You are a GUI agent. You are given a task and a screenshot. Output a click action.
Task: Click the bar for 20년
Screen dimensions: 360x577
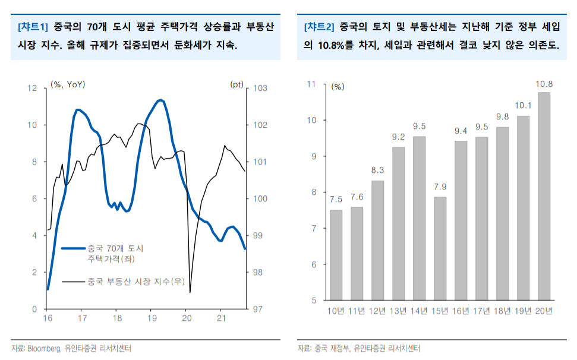pyautogui.click(x=544, y=196)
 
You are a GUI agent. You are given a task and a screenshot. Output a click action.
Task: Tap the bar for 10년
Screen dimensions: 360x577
pyautogui.click(x=336, y=255)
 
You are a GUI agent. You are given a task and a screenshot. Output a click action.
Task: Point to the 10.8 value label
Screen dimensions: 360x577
pyautogui.click(x=544, y=84)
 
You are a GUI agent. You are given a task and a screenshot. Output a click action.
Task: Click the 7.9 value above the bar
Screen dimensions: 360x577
pyautogui.click(x=440, y=187)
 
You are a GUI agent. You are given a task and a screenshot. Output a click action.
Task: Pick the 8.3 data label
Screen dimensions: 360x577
pyautogui.click(x=377, y=170)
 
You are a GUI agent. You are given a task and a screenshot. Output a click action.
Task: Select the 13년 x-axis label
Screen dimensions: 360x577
pyautogui.click(x=398, y=311)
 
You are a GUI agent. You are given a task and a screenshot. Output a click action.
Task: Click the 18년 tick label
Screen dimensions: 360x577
pyautogui.click(x=502, y=311)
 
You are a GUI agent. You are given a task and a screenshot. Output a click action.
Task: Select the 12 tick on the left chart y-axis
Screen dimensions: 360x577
pyautogui.click(x=33, y=88)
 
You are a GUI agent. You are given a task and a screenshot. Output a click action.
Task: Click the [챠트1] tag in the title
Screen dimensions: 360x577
pyautogui.click(x=33, y=27)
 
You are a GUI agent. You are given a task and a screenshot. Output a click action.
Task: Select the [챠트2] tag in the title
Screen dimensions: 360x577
pyautogui.click(x=319, y=27)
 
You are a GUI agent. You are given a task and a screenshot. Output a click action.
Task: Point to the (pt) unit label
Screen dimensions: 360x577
pyautogui.click(x=237, y=84)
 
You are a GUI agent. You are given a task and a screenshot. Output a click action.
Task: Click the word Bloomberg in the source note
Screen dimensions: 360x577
pyautogui.click(x=44, y=348)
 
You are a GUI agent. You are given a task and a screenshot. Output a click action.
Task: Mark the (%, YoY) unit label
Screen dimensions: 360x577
pyautogui.click(x=68, y=84)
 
